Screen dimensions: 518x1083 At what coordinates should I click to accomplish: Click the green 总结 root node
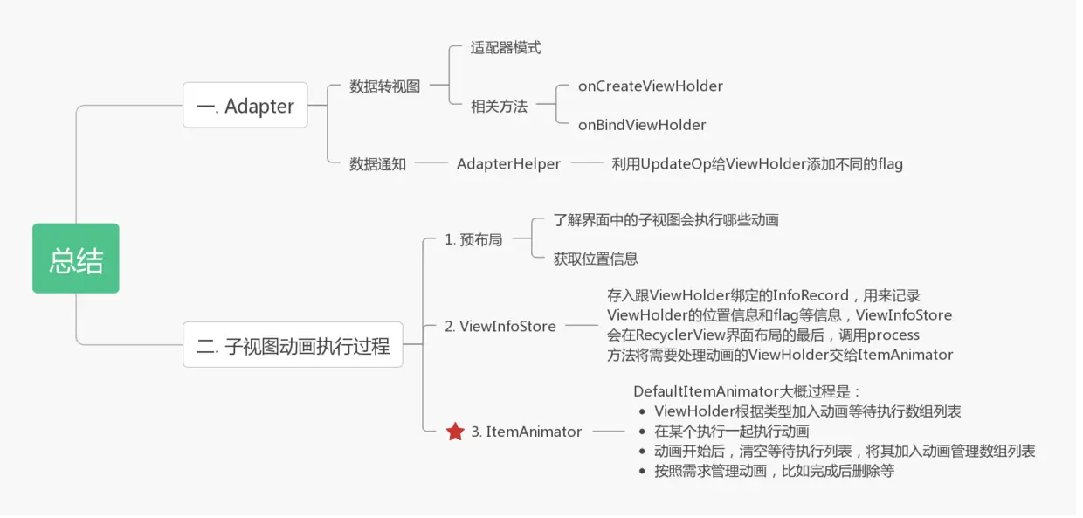click(76, 259)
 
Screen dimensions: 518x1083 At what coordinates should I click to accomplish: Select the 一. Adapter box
click(245, 106)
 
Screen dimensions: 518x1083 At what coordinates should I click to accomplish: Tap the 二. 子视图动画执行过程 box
click(293, 345)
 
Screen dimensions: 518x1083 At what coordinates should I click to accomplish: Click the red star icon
click(455, 432)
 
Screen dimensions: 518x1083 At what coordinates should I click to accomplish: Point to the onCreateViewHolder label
click(650, 86)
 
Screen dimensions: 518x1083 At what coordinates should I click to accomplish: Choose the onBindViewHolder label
click(641, 125)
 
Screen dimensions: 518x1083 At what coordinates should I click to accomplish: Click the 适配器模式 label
click(506, 48)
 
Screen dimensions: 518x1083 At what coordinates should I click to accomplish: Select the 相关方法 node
click(499, 106)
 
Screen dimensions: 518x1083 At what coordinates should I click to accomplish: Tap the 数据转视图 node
click(384, 86)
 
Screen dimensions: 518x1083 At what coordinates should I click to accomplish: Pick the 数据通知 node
click(377, 163)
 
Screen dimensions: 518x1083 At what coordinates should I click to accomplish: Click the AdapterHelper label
click(508, 163)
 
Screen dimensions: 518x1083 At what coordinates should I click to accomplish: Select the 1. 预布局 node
click(473, 239)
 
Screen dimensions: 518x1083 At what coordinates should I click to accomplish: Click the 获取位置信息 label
click(596, 259)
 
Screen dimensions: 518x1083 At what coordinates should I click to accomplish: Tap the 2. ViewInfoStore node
click(500, 326)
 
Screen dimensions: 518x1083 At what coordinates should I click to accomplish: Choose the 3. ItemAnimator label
click(526, 432)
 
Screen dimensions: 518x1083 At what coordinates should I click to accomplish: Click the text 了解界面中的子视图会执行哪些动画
click(666, 220)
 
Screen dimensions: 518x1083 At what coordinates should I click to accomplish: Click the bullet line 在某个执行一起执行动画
click(731, 431)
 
